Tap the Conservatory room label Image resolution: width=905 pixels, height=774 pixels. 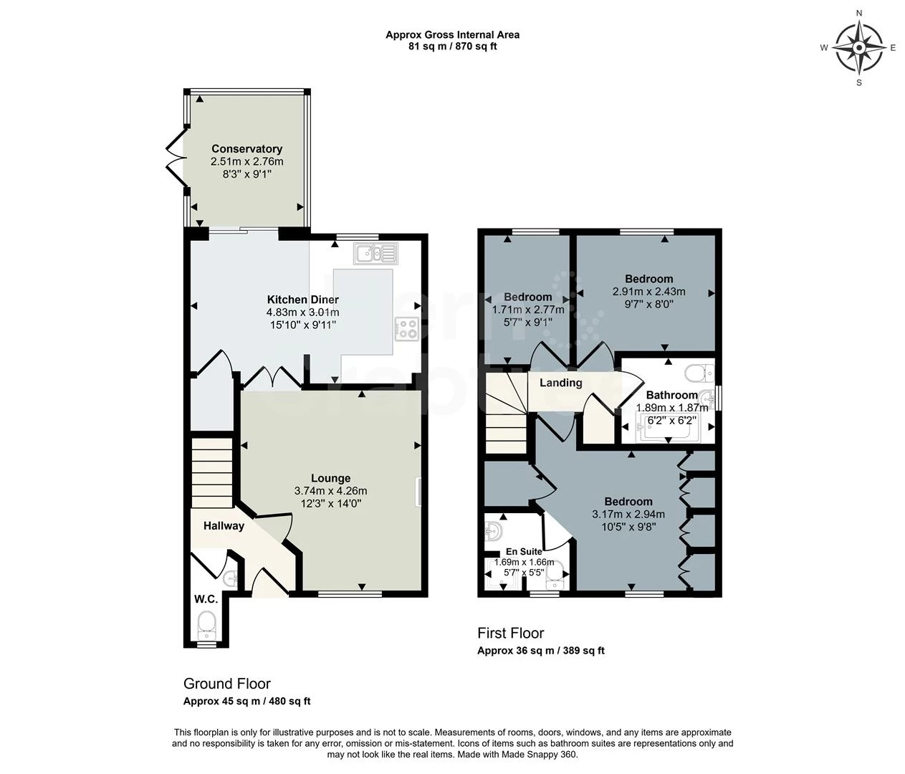(247, 149)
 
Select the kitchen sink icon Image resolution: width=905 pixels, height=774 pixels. (376, 254)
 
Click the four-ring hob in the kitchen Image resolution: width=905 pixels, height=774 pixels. (407, 328)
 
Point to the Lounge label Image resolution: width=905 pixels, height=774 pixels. (330, 478)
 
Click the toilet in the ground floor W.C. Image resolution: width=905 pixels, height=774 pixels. (206, 625)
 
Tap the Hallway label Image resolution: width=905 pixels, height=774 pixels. (224, 525)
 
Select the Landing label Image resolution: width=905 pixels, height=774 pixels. (560, 383)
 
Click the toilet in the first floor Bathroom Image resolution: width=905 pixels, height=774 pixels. (699, 373)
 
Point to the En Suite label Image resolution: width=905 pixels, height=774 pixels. (524, 552)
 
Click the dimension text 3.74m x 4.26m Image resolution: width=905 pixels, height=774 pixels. (330, 491)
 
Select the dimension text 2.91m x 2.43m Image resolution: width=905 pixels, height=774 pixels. (649, 291)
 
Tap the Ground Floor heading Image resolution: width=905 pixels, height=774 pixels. (227, 683)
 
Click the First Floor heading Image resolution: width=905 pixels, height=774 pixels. (510, 633)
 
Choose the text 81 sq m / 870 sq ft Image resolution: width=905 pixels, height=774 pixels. (452, 47)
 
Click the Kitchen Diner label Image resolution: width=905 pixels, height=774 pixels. (303, 300)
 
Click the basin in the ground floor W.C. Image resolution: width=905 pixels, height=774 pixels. (231, 579)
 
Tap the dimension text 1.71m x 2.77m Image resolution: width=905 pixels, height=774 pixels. (528, 310)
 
